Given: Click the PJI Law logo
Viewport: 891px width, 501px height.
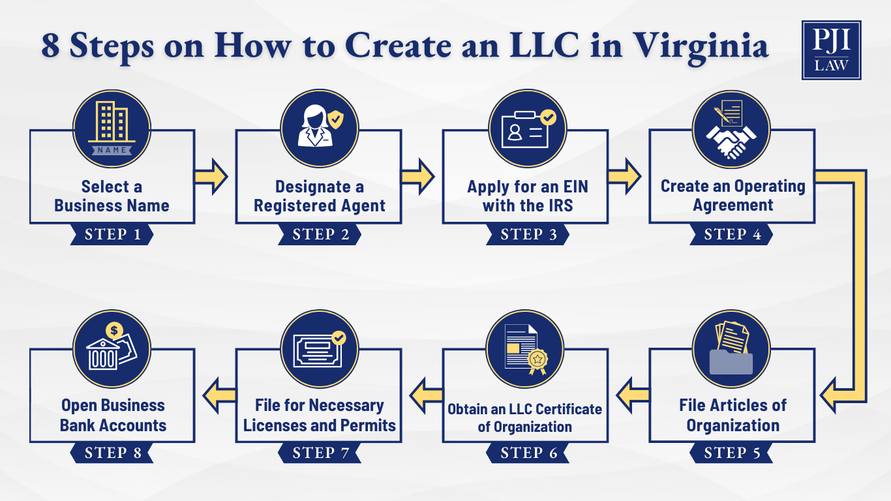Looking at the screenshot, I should (831, 50).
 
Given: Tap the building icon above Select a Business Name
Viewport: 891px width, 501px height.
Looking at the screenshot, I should (112, 129).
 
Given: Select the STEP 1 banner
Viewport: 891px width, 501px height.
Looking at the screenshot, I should (112, 235).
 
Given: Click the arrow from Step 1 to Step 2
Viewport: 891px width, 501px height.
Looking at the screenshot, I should (211, 177).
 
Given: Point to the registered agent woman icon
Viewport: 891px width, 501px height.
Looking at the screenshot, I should (319, 129).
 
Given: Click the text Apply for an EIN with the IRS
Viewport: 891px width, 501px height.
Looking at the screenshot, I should (527, 196).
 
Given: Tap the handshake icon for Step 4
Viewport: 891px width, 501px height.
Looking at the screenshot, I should (732, 129).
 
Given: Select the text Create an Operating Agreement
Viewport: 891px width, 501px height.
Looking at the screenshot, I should (732, 196).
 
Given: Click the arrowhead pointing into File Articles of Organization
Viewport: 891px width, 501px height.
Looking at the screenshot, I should (832, 395).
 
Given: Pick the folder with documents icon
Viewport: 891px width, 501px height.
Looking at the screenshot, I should (732, 348).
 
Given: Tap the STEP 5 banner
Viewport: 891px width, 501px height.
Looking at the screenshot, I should (732, 453).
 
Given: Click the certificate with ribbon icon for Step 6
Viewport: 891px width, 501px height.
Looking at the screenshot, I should (526, 348).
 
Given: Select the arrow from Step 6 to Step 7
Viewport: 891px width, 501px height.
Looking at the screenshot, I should (426, 395).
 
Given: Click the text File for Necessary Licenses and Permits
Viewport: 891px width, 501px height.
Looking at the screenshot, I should (319, 416).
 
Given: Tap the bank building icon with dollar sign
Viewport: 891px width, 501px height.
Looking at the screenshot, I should (112, 348).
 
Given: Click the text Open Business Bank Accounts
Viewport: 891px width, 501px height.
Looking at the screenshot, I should (113, 416).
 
